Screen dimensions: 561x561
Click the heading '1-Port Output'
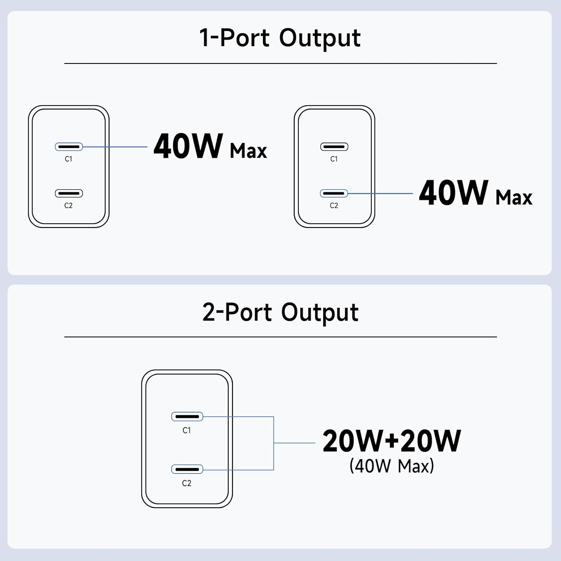coord(280,38)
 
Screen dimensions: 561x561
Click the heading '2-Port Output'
coord(280,312)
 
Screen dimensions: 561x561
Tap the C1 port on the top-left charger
coord(69,147)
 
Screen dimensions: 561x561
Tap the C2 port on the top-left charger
coord(69,193)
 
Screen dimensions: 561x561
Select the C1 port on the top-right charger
coord(334,147)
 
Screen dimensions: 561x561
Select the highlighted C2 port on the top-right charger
coord(334,193)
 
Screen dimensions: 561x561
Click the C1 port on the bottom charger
coord(187,416)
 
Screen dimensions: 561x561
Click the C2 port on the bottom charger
coord(187,469)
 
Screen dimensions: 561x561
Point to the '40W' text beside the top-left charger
coord(188,146)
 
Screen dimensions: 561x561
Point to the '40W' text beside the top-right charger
coord(454,193)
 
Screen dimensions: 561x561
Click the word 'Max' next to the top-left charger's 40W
coord(248,151)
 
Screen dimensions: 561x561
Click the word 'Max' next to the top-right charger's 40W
coord(514,197)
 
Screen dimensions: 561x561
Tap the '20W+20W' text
coord(392,441)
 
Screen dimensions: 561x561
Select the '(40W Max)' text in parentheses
coord(392,466)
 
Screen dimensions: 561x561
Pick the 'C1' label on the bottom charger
coord(187,430)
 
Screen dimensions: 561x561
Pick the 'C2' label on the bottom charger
coord(187,483)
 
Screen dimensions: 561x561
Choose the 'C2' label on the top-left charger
coord(68,206)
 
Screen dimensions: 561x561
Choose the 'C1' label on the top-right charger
coord(334,159)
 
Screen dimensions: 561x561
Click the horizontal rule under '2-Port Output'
coord(280,337)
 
